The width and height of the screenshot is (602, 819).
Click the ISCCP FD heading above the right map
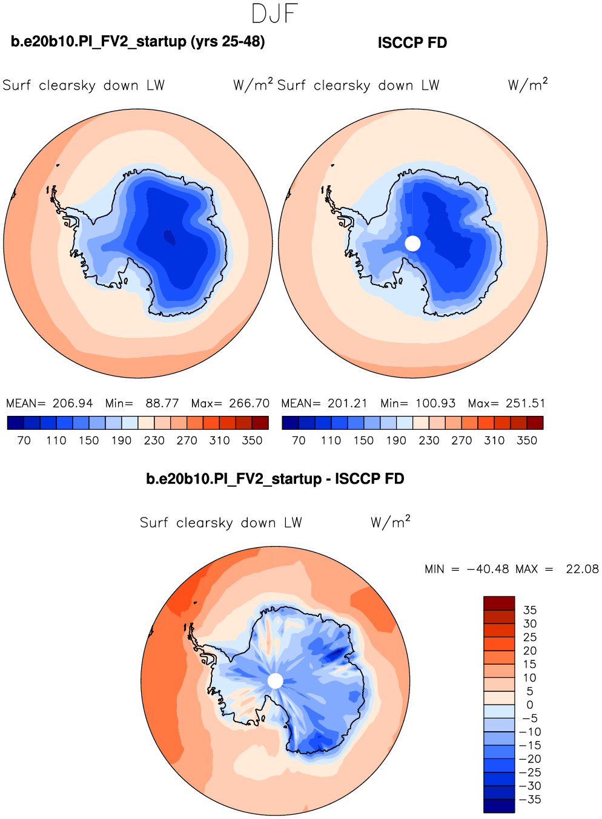(412, 43)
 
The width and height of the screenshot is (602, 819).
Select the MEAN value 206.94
(73, 403)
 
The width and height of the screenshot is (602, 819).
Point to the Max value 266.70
(249, 403)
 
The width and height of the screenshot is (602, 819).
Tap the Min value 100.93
(435, 403)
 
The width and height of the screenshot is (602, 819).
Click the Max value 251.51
(525, 403)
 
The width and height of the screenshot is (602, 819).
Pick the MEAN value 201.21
(348, 403)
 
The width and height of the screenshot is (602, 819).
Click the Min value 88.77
(162, 403)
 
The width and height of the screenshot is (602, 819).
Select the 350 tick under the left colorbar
(252, 441)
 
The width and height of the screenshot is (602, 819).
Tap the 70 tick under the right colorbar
(299, 441)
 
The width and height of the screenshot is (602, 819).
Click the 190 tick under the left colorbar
(121, 441)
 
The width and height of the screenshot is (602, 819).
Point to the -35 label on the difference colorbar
(530, 800)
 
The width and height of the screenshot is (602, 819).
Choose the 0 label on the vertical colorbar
(530, 705)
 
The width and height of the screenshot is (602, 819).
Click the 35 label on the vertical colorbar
(530, 610)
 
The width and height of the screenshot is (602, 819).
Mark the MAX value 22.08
(582, 569)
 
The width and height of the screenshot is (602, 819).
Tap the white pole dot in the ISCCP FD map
(412, 243)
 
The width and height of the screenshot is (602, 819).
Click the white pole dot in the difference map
(275, 681)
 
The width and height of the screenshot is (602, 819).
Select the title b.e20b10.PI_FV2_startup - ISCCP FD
(275, 479)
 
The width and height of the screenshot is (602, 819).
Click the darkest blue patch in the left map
(169, 237)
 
